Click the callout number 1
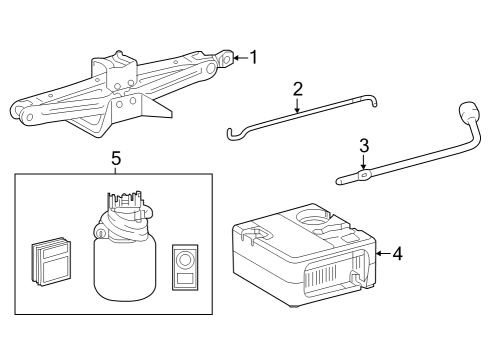(x=253, y=57)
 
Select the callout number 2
(x=297, y=89)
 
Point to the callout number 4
(x=397, y=254)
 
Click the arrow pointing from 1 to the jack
(x=240, y=58)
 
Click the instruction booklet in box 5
(x=49, y=262)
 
